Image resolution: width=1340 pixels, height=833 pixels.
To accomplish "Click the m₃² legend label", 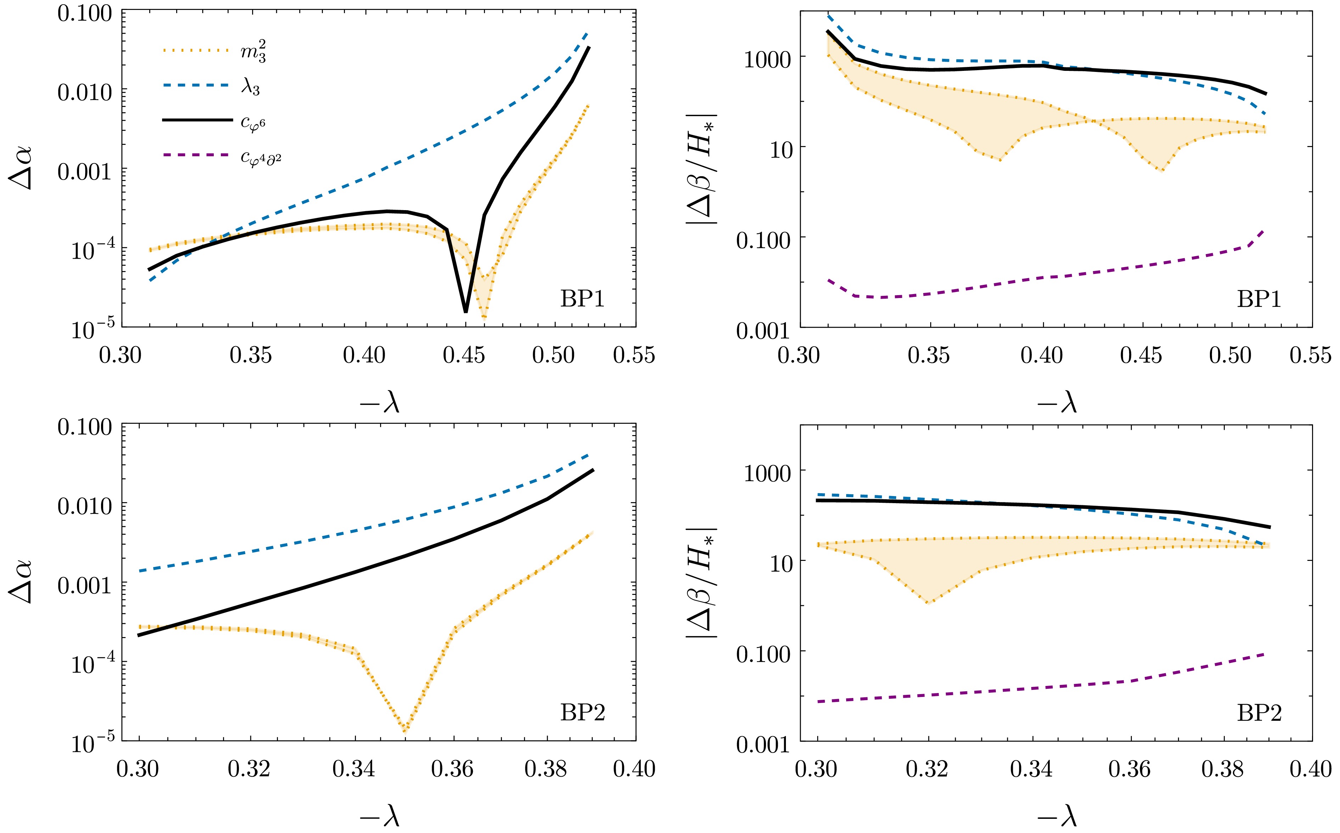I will (253, 52).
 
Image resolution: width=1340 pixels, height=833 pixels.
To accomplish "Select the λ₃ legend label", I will (251, 87).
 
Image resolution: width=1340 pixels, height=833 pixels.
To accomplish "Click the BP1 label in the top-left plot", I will (583, 299).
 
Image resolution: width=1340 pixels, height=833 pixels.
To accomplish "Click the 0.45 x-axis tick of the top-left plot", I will (464, 355).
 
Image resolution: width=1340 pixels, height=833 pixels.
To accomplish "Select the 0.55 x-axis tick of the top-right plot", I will (1310, 355).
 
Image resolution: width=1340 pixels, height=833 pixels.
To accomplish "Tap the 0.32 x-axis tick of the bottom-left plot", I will (249, 769).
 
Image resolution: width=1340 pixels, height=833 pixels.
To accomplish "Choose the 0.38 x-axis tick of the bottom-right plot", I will (1223, 769).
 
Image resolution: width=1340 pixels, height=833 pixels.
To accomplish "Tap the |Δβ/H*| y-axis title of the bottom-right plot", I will (701, 582).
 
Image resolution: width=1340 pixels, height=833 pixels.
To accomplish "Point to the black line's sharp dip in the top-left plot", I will (466, 311).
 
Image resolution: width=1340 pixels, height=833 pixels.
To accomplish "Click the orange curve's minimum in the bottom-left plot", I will (406, 731).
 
